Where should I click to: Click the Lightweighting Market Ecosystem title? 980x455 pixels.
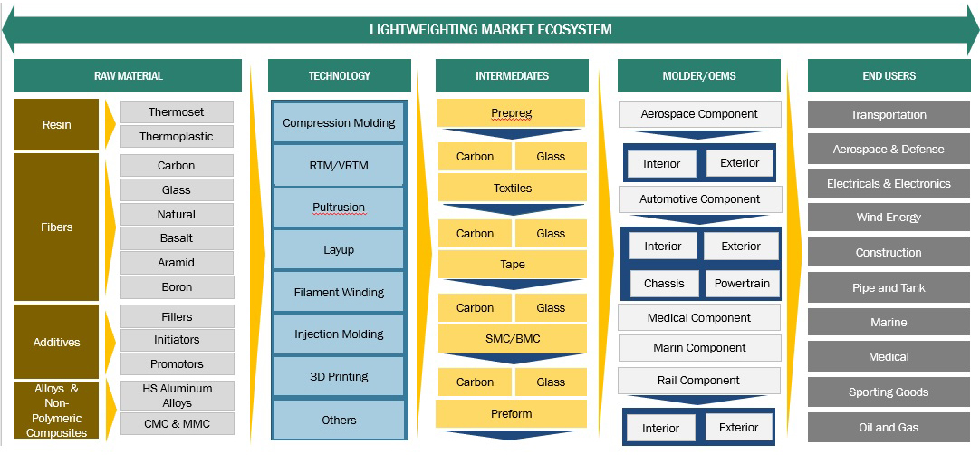point(490,29)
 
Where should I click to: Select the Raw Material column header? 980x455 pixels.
point(128,75)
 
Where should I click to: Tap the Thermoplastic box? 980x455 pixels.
point(177,137)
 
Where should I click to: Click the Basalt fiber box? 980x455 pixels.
point(177,238)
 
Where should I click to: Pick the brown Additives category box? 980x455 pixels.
point(56,342)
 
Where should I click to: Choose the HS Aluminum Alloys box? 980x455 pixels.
point(177,395)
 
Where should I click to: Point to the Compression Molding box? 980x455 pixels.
point(339,123)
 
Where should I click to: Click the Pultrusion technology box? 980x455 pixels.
point(339,208)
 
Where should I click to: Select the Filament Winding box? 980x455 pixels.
point(339,292)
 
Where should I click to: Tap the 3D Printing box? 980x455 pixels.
point(339,376)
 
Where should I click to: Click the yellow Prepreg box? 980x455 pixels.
point(511,113)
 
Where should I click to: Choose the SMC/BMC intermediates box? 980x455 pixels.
point(513,338)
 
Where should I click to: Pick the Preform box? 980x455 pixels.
point(511,413)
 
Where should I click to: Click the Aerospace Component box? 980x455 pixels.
point(699,114)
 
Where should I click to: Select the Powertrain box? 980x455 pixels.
point(742,283)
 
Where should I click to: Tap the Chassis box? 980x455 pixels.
point(664,283)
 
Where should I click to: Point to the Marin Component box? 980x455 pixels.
point(699,347)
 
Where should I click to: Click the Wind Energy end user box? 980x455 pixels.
point(889,218)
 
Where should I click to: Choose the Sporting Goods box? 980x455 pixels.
point(889,392)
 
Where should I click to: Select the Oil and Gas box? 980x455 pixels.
point(889,428)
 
